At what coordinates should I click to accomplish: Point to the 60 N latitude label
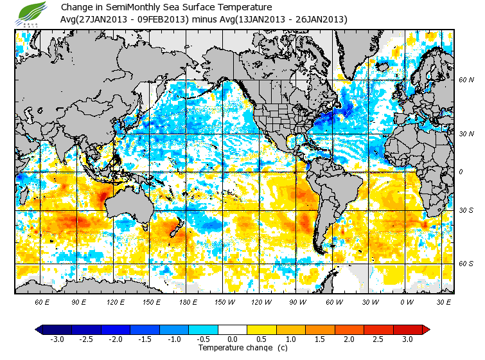[x=466, y=80]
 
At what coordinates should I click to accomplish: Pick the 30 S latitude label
[x=466, y=211]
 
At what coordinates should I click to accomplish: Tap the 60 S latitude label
[x=466, y=264]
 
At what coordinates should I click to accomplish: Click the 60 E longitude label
[x=42, y=301]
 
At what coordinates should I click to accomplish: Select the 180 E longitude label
[x=152, y=301]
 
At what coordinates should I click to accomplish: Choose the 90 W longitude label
[x=297, y=301]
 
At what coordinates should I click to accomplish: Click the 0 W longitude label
[x=406, y=301]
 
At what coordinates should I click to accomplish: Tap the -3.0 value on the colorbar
[x=58, y=339]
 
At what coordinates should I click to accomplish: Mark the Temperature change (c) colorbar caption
[x=233, y=348]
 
